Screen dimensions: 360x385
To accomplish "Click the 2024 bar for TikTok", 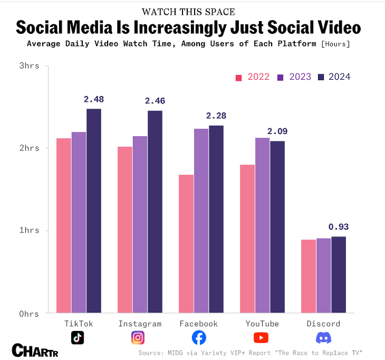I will point(94,211).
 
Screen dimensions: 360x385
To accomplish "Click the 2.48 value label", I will point(94,99).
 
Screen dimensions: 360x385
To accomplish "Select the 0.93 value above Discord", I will point(339,227).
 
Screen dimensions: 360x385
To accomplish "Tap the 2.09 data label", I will point(277,131).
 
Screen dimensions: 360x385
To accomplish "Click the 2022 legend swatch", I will point(238,77).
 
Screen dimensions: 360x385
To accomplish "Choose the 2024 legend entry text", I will point(339,77).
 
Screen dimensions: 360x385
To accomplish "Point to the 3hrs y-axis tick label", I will point(30,66).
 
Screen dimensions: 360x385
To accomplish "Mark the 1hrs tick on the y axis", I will point(30,231).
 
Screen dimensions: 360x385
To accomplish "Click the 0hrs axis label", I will point(30,314).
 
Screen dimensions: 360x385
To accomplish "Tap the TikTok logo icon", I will point(78,338).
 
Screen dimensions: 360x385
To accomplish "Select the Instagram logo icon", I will point(138,338).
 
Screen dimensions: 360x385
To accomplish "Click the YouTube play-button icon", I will point(261,338).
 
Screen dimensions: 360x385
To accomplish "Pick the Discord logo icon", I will point(323,338).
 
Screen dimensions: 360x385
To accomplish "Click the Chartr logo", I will point(35,350).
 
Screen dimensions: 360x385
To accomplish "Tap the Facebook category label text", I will point(198,324).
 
